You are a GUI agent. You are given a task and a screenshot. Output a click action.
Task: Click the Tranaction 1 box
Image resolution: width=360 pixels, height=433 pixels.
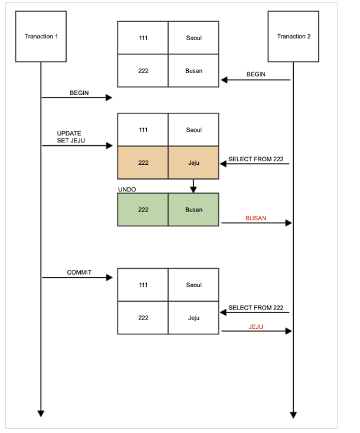click(41, 37)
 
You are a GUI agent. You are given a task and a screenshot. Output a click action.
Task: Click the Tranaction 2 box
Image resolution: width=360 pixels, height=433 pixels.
click(293, 37)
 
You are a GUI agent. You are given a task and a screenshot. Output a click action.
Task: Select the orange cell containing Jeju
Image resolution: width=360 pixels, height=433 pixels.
click(194, 162)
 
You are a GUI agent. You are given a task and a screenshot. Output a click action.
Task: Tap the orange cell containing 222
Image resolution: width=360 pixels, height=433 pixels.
click(143, 162)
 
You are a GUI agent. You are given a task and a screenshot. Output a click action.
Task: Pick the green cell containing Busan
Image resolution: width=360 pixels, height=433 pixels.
click(194, 210)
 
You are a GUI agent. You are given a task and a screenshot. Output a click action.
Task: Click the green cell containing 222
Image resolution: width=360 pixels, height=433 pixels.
click(143, 210)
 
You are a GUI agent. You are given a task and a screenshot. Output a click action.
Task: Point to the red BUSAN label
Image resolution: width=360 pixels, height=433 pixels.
click(256, 218)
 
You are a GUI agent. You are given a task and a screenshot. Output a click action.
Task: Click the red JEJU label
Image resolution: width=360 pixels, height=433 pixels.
click(256, 326)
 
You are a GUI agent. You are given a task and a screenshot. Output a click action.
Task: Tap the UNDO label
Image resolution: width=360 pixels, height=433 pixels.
click(127, 190)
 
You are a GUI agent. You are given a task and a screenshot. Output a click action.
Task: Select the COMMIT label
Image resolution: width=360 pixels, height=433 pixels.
click(79, 272)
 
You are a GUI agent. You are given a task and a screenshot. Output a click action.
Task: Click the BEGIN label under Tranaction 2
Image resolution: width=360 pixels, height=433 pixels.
click(256, 74)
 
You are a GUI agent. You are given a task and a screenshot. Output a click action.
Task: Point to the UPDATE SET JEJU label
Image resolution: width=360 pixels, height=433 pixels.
click(69, 137)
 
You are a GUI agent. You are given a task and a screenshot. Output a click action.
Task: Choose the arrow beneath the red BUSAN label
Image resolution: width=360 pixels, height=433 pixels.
click(257, 223)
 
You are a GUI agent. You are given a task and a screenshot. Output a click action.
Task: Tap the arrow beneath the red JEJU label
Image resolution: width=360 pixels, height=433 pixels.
click(257, 331)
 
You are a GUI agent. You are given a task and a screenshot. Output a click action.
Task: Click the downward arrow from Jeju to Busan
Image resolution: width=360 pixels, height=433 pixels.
click(193, 186)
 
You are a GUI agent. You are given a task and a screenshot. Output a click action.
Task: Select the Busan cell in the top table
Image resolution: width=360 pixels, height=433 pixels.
click(194, 71)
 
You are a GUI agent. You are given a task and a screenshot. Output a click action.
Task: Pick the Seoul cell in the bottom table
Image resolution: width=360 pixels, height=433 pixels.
click(194, 285)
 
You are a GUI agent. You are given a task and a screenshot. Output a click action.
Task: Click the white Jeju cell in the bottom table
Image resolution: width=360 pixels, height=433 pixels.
click(194, 318)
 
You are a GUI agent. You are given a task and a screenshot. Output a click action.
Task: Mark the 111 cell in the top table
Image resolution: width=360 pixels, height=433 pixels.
click(143, 38)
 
